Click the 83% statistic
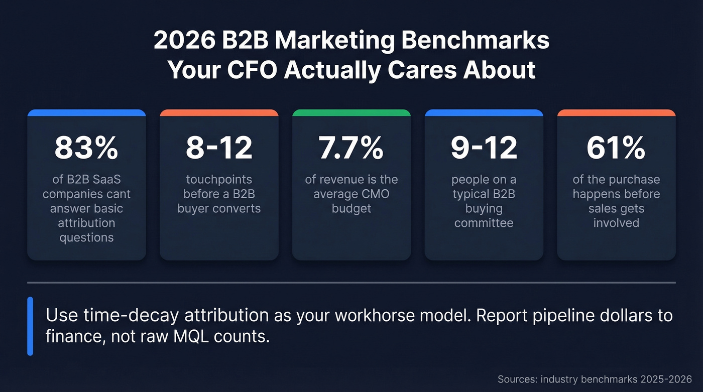(86, 148)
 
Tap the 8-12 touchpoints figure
(219, 148)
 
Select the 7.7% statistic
(351, 148)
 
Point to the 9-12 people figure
(484, 148)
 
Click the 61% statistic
(616, 148)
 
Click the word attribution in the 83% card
(86, 223)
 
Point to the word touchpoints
(219, 180)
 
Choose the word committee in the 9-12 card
(484, 223)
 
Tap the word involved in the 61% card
(616, 223)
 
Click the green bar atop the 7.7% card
(351, 113)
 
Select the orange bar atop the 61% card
(616, 113)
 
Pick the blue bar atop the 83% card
(86, 113)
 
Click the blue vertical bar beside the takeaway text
(30, 326)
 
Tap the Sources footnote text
(595, 379)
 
